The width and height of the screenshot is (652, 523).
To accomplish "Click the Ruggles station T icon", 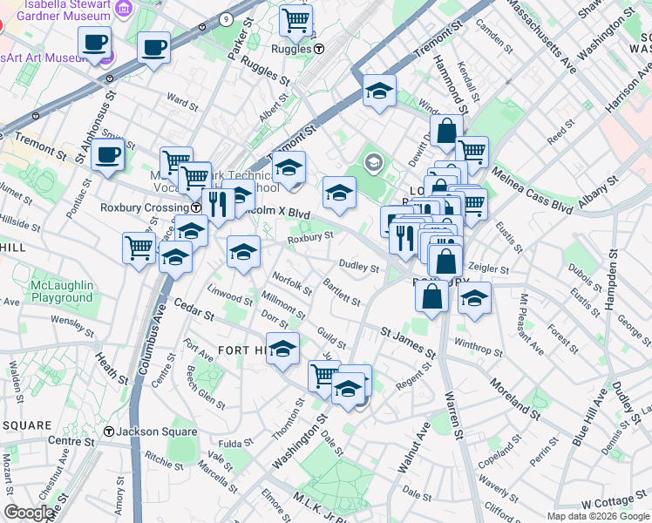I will coord(320,50).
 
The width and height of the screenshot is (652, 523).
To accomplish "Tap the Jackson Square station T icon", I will coord(109,431).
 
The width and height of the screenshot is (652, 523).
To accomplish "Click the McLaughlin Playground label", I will coord(61,291).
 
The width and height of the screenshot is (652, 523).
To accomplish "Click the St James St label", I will coord(407,341).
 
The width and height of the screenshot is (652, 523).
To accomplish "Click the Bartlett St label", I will coord(341,293).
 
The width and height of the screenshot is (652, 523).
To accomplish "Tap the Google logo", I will coord(30,513).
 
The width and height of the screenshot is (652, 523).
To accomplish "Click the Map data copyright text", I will coord(598,516).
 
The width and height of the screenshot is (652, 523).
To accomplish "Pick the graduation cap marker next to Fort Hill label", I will coord(282,350).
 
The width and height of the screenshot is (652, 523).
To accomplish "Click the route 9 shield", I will coord(226,18).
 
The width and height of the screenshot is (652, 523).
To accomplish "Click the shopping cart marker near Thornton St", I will coord(324,376).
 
